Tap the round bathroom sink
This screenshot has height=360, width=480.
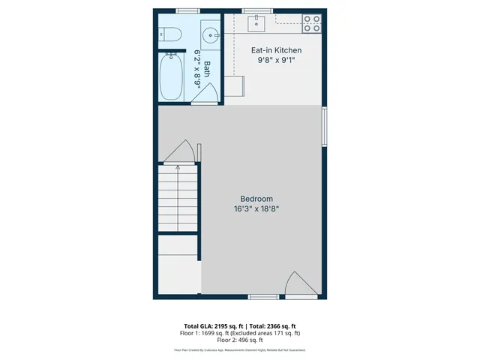tap(211, 34)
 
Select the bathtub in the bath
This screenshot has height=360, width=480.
tap(172, 76)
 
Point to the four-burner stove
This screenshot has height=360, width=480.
tap(312, 23)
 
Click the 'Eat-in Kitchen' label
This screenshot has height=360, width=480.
tap(275, 50)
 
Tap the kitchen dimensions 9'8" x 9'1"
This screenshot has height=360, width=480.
tap(275, 61)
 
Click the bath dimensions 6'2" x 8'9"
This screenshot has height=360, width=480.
tap(198, 69)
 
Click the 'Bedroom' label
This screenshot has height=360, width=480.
tap(256, 199)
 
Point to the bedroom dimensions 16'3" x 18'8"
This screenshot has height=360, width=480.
tap(256, 209)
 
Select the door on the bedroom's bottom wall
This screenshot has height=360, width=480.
tap(301, 286)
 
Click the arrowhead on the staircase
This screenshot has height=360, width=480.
tap(177, 169)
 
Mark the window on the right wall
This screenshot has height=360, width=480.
tap(324, 126)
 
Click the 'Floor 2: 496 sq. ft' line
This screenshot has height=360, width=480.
tap(239, 340)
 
